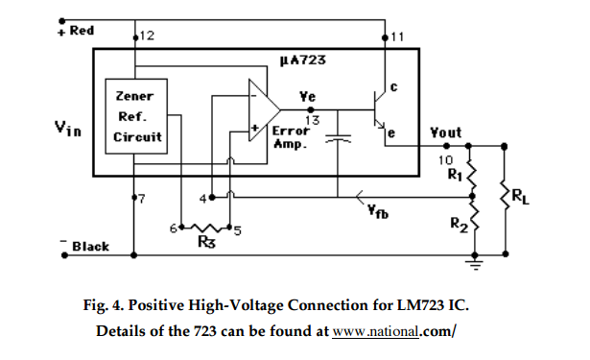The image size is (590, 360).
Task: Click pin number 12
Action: (148, 36)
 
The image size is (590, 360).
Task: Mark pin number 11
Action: (398, 36)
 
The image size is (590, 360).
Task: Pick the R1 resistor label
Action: (454, 175)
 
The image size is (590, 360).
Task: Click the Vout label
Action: (446, 132)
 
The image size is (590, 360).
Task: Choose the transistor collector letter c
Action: (395, 89)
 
